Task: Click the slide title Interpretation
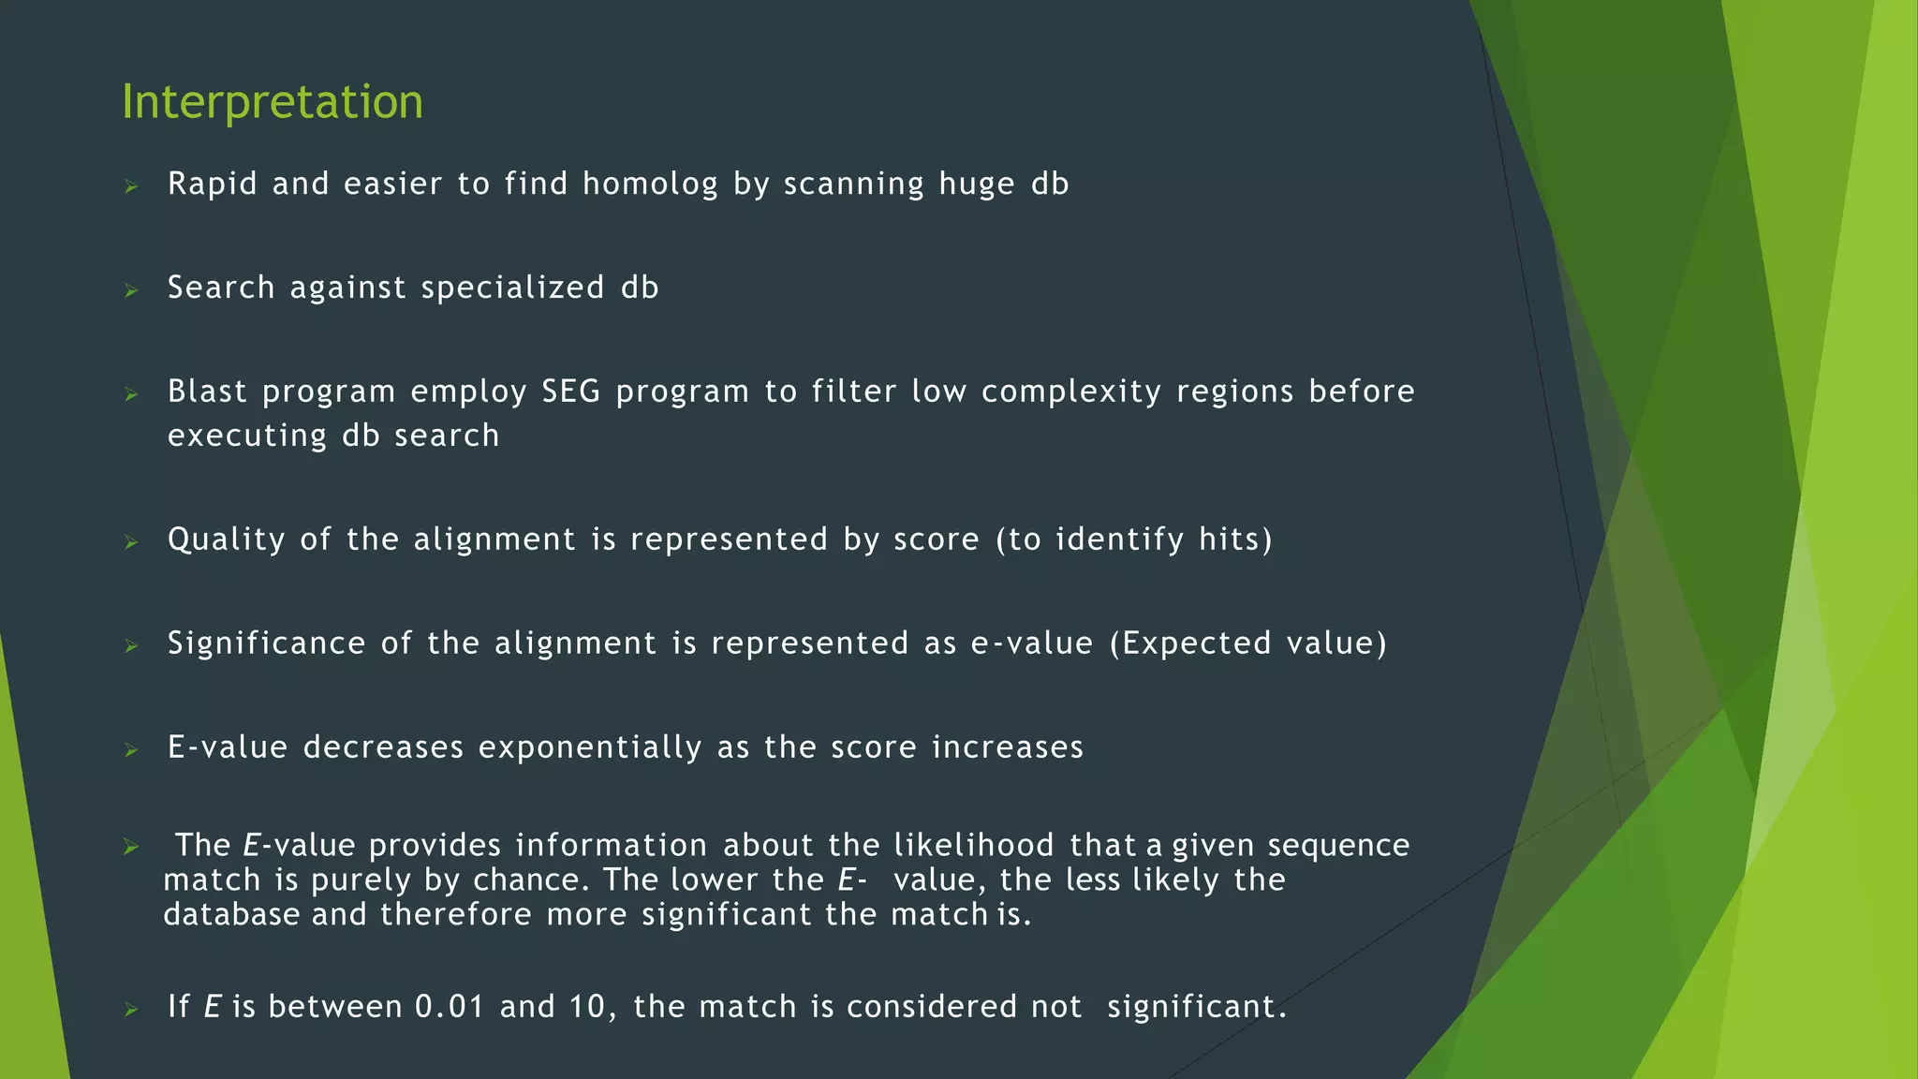[272, 101]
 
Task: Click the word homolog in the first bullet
[650, 184]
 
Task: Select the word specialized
[512, 288]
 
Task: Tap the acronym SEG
[570, 392]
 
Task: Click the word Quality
[226, 539]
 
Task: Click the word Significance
[266, 643]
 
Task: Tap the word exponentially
[590, 747]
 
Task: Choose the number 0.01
[450, 1007]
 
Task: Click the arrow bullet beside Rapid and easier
[131, 186]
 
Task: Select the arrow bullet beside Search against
[131, 290]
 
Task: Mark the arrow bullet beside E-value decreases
[131, 750]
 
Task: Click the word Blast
[207, 392]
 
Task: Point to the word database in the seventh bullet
[231, 915]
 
